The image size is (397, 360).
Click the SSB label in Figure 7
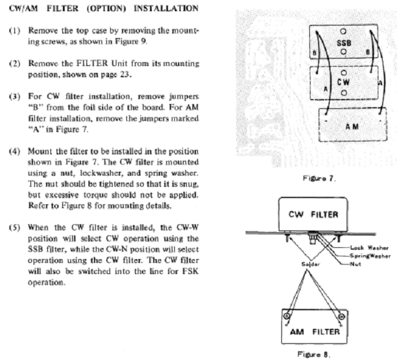tap(344, 43)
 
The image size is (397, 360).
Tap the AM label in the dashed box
tap(352, 126)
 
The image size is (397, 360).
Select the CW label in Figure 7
tap(343, 82)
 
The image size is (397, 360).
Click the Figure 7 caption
tap(319, 178)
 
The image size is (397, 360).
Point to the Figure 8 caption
tap(314, 354)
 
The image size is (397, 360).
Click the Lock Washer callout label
tap(370, 247)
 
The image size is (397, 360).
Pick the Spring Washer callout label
tap(370, 256)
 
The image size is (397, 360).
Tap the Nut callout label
tap(355, 264)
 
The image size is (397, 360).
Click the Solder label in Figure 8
tap(311, 264)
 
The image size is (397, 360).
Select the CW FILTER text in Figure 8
tap(314, 215)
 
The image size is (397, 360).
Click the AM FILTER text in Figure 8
tap(315, 331)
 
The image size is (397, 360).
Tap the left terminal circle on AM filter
tap(287, 316)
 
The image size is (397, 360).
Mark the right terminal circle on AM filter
tap(342, 316)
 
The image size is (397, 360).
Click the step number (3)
tap(15, 97)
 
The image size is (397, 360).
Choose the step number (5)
tap(15, 227)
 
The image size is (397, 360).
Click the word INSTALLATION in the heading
tap(166, 8)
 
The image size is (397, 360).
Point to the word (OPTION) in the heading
tap(106, 8)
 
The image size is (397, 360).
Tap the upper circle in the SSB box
tap(343, 31)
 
